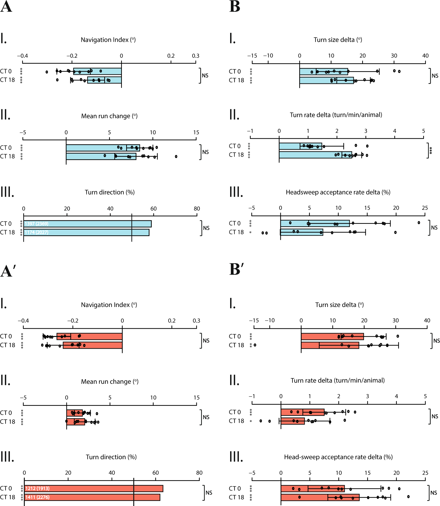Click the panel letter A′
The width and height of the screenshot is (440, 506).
pos(8,271)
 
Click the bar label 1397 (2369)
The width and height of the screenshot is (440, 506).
pos(37,224)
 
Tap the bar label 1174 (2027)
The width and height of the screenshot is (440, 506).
pos(37,232)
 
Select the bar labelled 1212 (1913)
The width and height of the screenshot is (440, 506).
pos(93,488)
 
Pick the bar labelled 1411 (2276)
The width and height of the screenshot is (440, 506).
pos(92,497)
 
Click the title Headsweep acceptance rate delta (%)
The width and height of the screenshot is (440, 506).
pos(338,192)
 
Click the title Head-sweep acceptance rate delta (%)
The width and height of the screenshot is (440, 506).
pos(338,457)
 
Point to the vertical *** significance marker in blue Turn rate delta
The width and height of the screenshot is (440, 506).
pos(431,151)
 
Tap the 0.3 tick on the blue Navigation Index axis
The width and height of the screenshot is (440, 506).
pos(195,56)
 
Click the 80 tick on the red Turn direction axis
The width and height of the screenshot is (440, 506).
pos(199,473)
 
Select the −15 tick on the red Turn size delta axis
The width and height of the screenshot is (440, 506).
pos(254,321)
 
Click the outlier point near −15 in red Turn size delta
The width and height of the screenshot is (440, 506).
pos(255,345)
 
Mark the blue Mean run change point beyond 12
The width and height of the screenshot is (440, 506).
pos(176,156)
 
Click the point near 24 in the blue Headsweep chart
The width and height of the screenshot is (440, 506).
pos(419,222)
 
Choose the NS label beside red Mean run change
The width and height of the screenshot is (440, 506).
pos(206,417)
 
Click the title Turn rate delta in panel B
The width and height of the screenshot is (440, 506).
pos(336,115)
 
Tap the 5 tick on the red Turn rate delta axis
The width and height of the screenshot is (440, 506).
pos(425,396)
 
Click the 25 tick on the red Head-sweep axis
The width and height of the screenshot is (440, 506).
pos(425,473)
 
